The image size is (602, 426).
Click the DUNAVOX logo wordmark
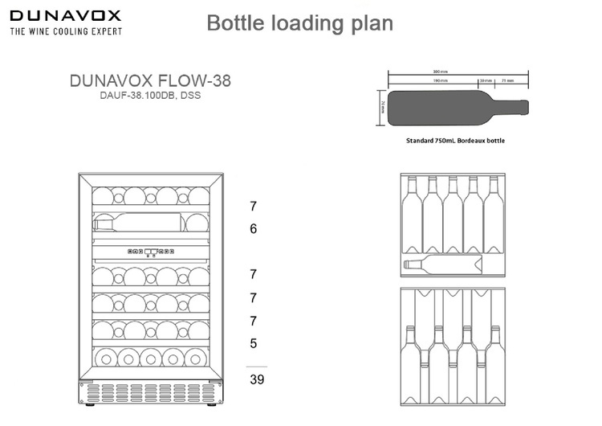coord(65,15)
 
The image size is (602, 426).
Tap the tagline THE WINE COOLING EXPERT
coord(66,31)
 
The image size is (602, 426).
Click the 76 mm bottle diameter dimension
coord(382,108)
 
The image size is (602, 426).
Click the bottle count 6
coord(253,229)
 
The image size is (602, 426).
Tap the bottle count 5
coord(253,343)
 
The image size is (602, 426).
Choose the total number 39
coord(255,379)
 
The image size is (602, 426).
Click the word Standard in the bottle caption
coord(422,140)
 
